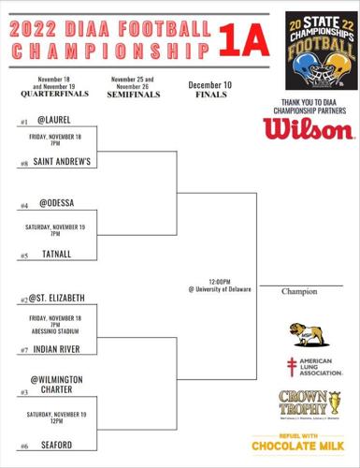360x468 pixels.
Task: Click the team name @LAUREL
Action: (x=54, y=120)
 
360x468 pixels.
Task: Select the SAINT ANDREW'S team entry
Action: (x=62, y=162)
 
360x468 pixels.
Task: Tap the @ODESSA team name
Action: (x=55, y=204)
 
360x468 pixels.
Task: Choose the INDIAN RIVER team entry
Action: (x=61, y=349)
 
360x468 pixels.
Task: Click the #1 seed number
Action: (x=23, y=123)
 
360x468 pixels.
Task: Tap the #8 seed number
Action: (x=23, y=164)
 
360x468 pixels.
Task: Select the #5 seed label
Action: (x=23, y=256)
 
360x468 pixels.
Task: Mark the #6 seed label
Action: (x=23, y=446)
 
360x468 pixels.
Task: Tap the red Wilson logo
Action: (x=308, y=126)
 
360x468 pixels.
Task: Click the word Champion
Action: (x=300, y=292)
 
